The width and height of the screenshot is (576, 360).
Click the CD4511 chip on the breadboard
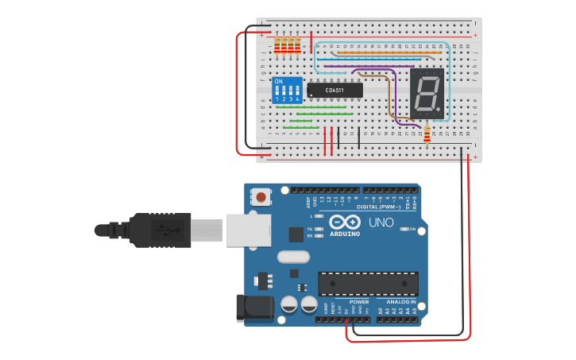(334, 90)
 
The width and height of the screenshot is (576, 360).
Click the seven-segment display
(427, 91)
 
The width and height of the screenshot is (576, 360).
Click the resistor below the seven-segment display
(428, 135)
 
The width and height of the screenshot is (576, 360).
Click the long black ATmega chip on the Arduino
(368, 282)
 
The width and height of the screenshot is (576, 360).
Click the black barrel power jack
(253, 308)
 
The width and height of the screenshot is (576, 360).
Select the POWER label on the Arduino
(359, 302)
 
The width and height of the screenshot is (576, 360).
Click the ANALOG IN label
(401, 302)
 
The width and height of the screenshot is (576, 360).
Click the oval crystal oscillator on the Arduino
(294, 257)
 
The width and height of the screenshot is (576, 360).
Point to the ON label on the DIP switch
(279, 81)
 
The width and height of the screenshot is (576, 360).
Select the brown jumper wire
(389, 95)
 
